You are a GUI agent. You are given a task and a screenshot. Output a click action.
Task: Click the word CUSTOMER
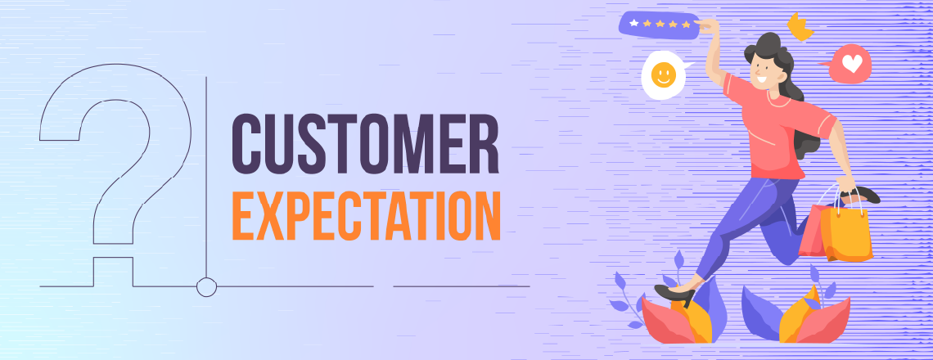365,144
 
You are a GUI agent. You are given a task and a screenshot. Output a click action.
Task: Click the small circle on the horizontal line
206,286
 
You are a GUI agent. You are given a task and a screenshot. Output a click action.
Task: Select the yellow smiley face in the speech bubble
663,75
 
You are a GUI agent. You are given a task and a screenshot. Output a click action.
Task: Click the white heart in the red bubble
852,64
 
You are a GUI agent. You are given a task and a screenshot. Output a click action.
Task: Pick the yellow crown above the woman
799,27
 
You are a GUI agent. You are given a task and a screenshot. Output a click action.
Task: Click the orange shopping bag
846,232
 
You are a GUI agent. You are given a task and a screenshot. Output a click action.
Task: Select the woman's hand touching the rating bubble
710,26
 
